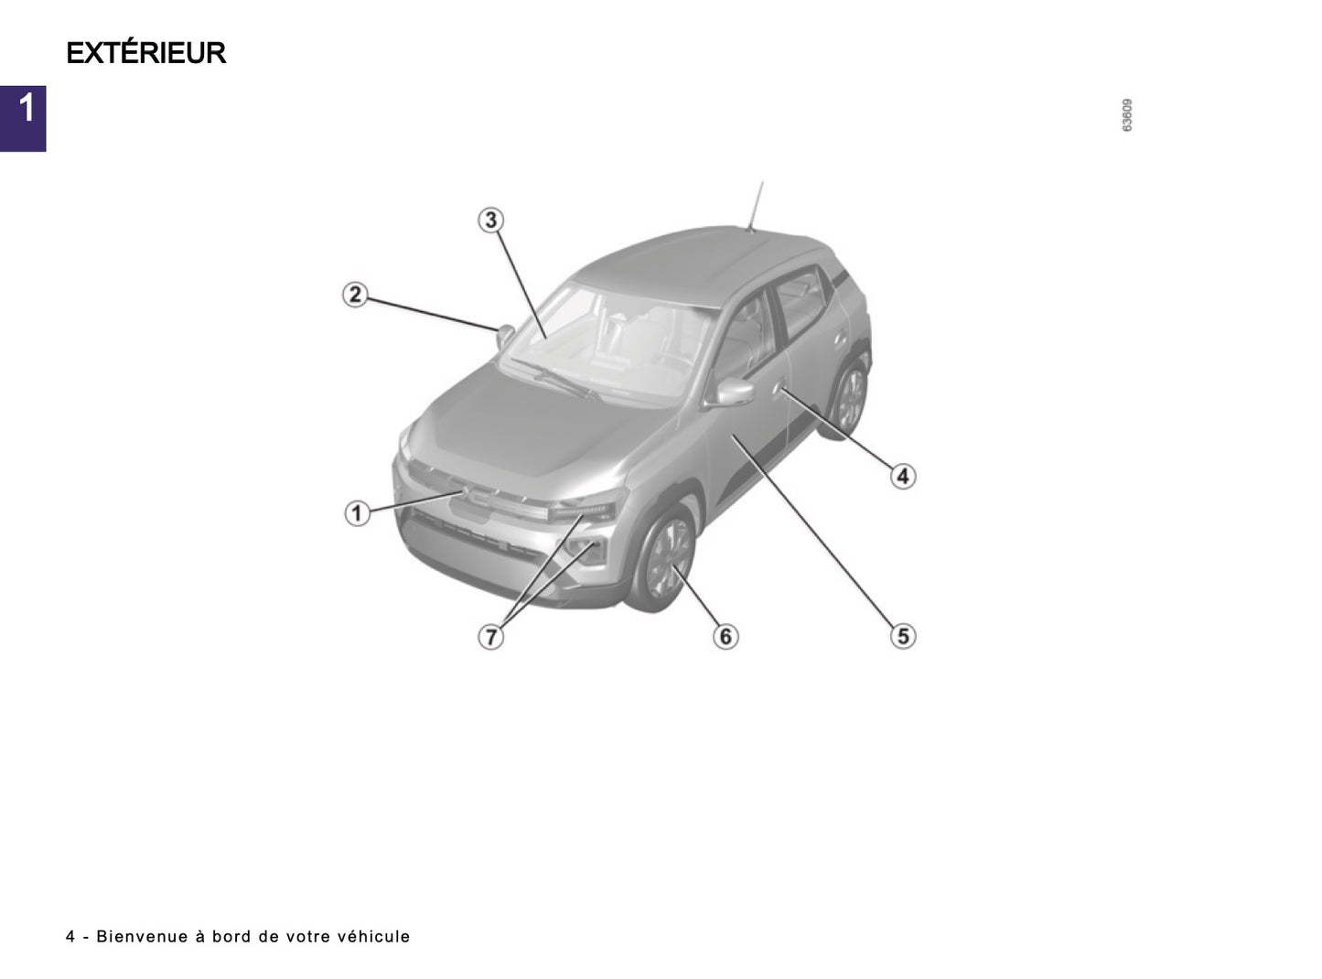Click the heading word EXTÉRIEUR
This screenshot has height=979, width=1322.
tap(146, 53)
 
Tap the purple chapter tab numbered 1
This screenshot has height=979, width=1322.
tap(23, 118)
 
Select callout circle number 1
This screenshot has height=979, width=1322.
tap(357, 513)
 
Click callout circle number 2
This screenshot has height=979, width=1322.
tap(355, 295)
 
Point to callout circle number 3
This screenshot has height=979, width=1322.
tap(491, 220)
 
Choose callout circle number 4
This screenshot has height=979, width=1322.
tap(903, 476)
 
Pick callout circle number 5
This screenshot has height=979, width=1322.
tap(903, 635)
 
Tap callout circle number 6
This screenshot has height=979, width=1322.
tap(725, 635)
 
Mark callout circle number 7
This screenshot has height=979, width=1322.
tap(491, 636)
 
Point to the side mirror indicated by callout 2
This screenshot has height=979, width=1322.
tap(504, 335)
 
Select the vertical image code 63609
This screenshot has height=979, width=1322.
tap(1127, 115)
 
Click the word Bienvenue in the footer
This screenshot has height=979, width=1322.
tap(140, 936)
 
